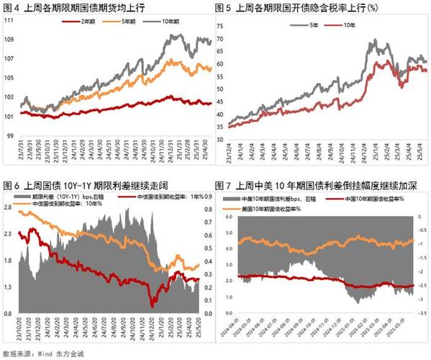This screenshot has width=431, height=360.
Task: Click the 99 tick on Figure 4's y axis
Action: pos(10,135)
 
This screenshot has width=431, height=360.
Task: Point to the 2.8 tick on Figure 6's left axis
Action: pos(9,207)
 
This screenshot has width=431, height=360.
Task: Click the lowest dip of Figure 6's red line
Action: pos(152,305)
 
